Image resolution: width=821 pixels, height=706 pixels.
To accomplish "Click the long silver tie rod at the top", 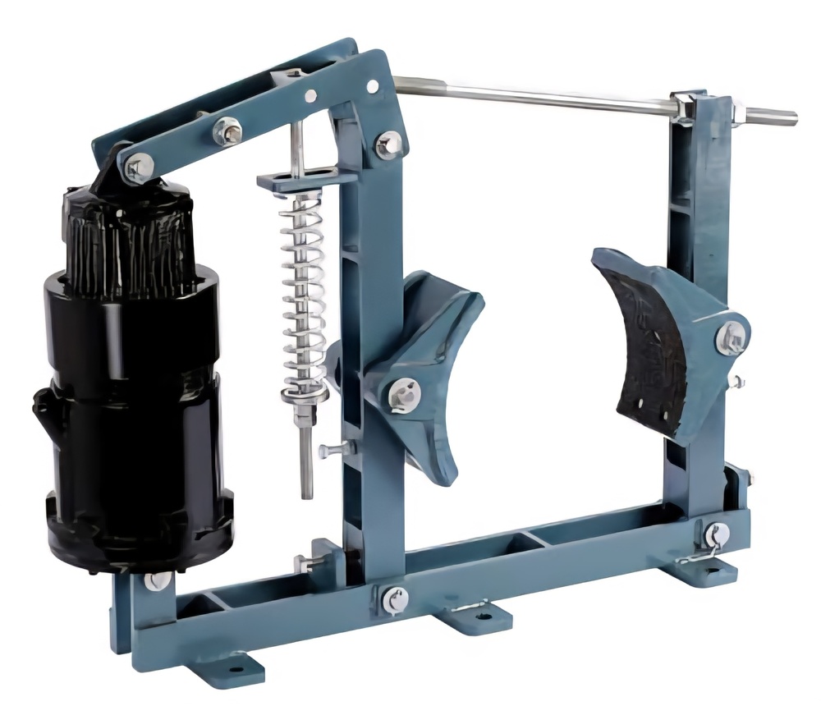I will pos(534,94).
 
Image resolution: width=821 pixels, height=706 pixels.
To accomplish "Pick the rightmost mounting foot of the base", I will pos(706,566).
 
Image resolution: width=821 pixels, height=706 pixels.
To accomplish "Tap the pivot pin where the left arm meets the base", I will pos(395,598).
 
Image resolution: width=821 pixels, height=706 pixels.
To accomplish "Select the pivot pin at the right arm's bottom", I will pos(717,534).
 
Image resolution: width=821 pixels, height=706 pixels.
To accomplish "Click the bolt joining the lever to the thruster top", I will pos(137,167).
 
